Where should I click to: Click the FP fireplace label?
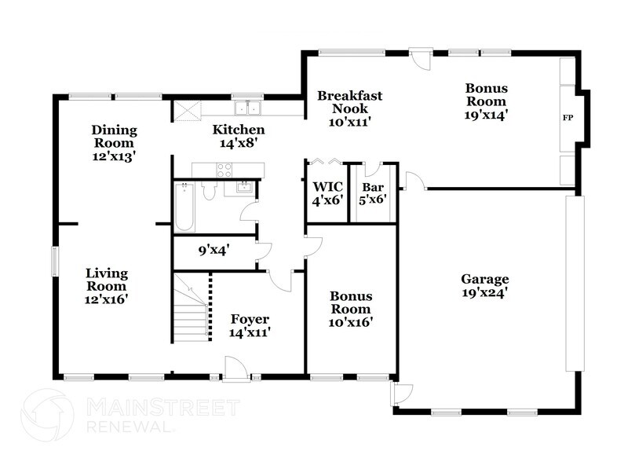click(x=567, y=119)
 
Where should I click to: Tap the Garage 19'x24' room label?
click(x=484, y=285)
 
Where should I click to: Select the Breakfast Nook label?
click(x=349, y=108)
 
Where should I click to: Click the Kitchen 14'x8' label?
click(x=239, y=136)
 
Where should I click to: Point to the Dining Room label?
click(x=114, y=143)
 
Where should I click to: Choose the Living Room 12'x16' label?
click(x=106, y=285)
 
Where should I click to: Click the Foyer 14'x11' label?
click(x=250, y=325)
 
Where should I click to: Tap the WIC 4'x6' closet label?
click(x=325, y=193)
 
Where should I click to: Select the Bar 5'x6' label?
click(x=372, y=193)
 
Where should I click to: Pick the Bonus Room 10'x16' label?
click(x=350, y=309)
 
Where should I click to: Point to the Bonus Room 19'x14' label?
click(x=486, y=101)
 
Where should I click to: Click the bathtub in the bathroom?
click(x=184, y=207)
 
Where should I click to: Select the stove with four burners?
click(x=224, y=169)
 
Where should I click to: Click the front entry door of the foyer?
click(x=235, y=369)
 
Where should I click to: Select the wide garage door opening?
click(x=575, y=283)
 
